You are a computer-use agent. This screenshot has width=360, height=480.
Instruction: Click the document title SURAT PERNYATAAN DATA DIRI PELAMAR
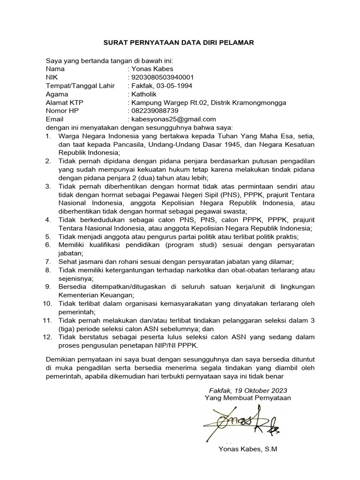pos(179,43)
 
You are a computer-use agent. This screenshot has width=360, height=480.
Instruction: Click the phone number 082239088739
pos(155,111)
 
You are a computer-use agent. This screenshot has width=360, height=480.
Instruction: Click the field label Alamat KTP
pos(63,102)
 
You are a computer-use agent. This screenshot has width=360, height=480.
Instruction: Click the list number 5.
pos(48,236)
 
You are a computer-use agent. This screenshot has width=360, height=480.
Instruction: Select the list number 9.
pos(48,286)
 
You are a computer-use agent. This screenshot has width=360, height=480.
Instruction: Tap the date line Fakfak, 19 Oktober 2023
pos(248,390)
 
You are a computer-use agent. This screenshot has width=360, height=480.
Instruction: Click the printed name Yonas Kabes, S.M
pos(248,449)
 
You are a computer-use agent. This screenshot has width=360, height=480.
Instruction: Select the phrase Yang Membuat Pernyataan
pos(248,398)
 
